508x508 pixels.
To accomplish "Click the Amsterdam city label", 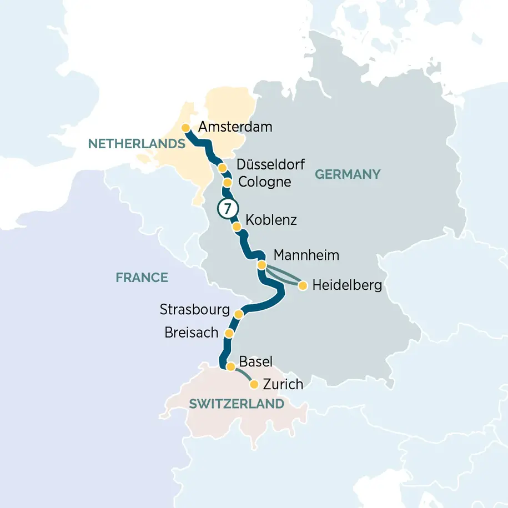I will click(235, 127).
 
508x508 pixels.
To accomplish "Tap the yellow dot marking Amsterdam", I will click(186, 128).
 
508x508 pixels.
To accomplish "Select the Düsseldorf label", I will click(270, 165).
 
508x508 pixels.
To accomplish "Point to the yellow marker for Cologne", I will click(227, 183).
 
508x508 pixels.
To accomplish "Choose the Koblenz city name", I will click(271, 220).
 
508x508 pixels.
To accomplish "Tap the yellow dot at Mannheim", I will click(261, 265).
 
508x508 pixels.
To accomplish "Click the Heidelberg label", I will click(347, 286).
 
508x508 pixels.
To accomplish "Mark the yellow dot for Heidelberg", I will click(303, 286).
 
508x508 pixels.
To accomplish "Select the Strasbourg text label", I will click(194, 309).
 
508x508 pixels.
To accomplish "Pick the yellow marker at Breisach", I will click(228, 333).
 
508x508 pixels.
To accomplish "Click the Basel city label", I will click(255, 362).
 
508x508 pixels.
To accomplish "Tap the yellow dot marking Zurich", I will click(254, 384).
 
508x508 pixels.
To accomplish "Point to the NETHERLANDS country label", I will click(136, 144).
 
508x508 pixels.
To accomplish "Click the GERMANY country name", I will click(348, 174).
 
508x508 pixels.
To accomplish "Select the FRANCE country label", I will click(142, 278).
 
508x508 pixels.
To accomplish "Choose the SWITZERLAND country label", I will click(237, 404).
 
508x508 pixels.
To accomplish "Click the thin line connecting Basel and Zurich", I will click(243, 374).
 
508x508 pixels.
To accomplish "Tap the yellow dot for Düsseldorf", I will click(222, 168).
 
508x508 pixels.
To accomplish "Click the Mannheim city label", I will click(306, 256).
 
